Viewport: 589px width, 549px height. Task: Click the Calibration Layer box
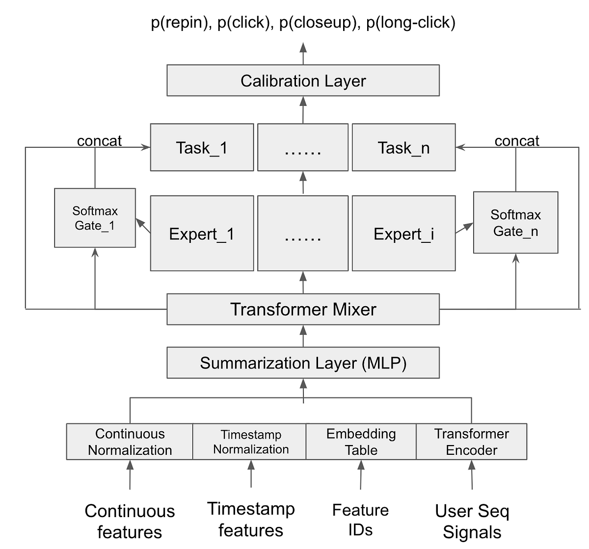point(303,80)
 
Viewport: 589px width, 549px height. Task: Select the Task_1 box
point(202,147)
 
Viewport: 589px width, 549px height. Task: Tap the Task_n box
point(403,147)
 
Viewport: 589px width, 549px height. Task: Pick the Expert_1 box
point(202,234)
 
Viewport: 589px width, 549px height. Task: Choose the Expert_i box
point(403,234)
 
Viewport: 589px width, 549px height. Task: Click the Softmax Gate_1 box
point(95,218)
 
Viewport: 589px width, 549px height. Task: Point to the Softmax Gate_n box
point(515,223)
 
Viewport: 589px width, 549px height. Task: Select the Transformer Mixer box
point(303,309)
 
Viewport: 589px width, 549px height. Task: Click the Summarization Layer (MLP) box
point(303,363)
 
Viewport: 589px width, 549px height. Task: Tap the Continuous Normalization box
point(130,442)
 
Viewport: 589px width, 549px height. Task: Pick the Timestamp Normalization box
point(250,442)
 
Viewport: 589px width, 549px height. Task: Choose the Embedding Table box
point(361,442)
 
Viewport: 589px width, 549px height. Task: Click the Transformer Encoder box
point(471,442)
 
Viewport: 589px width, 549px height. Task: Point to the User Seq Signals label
point(472,521)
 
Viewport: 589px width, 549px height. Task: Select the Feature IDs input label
point(360,520)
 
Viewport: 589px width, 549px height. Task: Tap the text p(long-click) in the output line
point(411,23)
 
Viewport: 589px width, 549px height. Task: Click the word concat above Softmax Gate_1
point(99,141)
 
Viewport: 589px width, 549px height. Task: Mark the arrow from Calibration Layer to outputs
point(303,54)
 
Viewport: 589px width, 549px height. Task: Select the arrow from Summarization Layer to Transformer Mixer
point(303,337)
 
